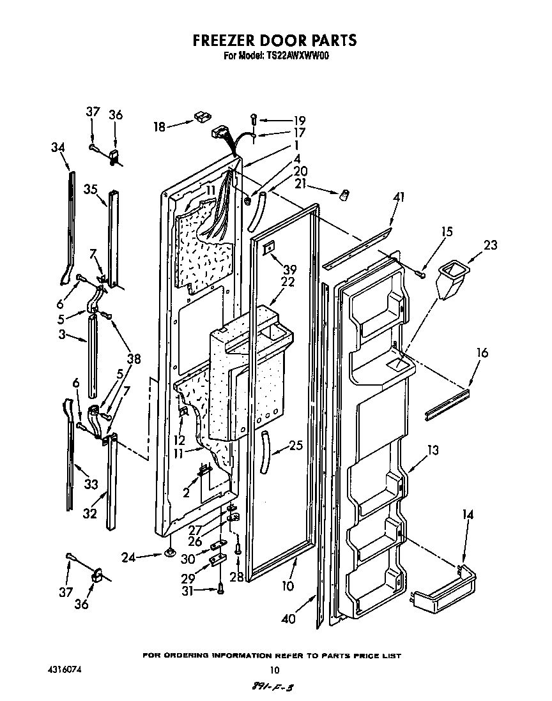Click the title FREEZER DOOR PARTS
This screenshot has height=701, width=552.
[275, 40]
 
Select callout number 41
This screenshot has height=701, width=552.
[399, 198]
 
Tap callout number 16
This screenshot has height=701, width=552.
[482, 353]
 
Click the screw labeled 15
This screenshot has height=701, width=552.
[420, 274]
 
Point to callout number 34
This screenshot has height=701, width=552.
[58, 147]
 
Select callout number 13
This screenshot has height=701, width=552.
[433, 451]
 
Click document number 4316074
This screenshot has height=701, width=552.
[64, 670]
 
